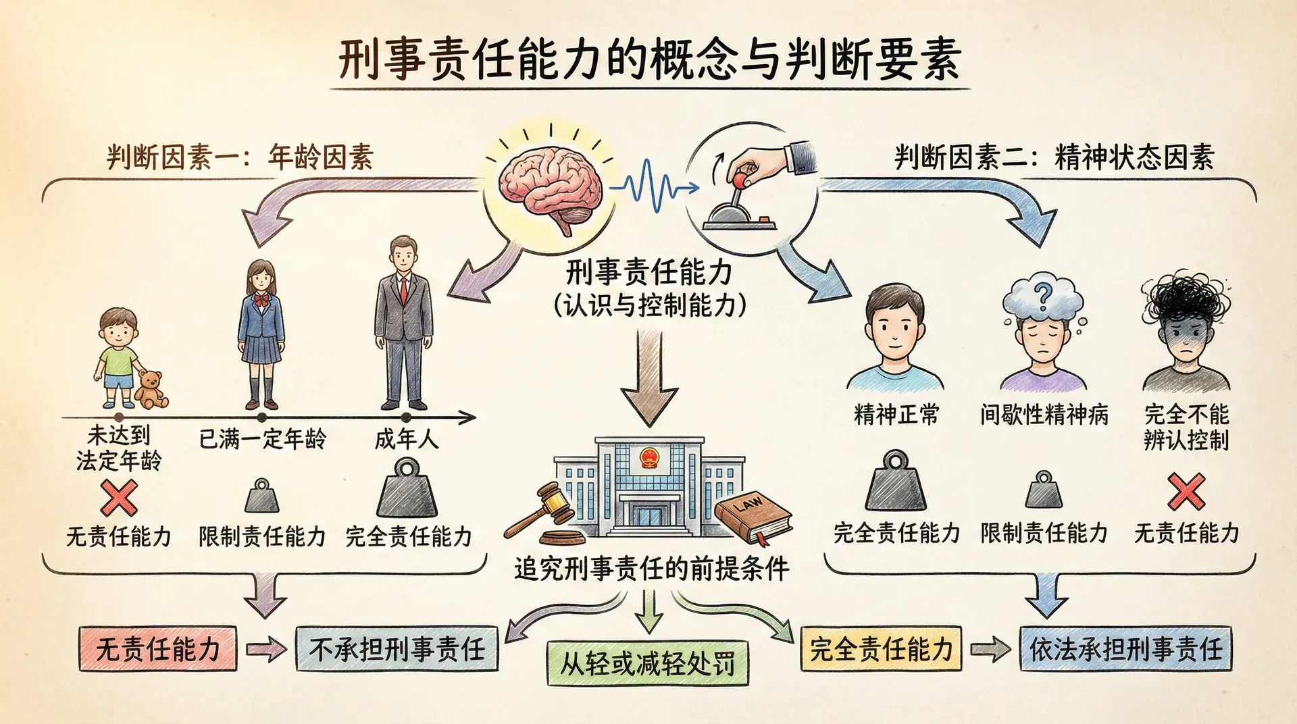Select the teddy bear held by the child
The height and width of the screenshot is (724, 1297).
pyautogui.click(x=151, y=390)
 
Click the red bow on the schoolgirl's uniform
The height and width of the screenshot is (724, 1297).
pyautogui.click(x=260, y=299)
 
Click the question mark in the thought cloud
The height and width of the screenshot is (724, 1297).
pyautogui.click(x=1043, y=295)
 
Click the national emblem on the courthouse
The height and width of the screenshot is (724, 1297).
pyautogui.click(x=649, y=459)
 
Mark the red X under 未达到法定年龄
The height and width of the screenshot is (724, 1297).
pyautogui.click(x=119, y=498)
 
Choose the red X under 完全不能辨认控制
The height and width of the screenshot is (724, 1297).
pyautogui.click(x=1186, y=492)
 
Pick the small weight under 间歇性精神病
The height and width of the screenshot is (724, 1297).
pyautogui.click(x=1044, y=491)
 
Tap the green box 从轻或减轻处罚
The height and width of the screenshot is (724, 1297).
pyautogui.click(x=648, y=663)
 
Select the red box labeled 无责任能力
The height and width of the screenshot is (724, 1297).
pyautogui.click(x=158, y=649)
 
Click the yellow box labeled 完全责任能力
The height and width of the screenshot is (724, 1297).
pyautogui.click(x=881, y=649)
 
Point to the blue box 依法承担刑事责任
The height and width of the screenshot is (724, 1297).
pyautogui.click(x=1125, y=649)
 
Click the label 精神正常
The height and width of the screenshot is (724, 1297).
pyautogui.click(x=896, y=414)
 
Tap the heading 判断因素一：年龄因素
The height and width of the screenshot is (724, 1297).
pyautogui.click(x=240, y=157)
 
